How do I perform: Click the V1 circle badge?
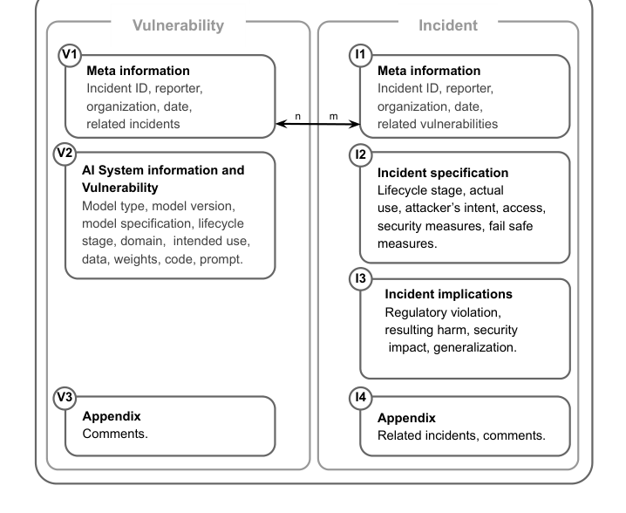click(x=71, y=55)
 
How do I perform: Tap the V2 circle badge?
click(x=65, y=154)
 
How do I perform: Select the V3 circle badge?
click(x=65, y=398)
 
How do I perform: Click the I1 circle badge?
click(x=360, y=55)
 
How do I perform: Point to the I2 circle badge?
click(x=360, y=155)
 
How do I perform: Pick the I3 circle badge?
click(x=360, y=278)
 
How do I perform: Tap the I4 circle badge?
click(x=360, y=398)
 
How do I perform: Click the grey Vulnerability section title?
click(x=178, y=25)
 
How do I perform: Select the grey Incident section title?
click(x=448, y=25)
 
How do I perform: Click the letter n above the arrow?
click(x=297, y=117)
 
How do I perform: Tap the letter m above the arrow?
click(x=334, y=117)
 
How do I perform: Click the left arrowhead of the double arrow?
click(x=276, y=124)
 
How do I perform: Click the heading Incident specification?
click(x=443, y=173)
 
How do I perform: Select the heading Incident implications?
click(x=448, y=295)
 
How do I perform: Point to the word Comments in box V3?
click(x=114, y=434)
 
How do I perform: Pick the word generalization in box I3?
click(x=474, y=347)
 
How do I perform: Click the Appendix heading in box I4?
click(x=406, y=418)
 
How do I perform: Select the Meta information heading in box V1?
click(x=138, y=71)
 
